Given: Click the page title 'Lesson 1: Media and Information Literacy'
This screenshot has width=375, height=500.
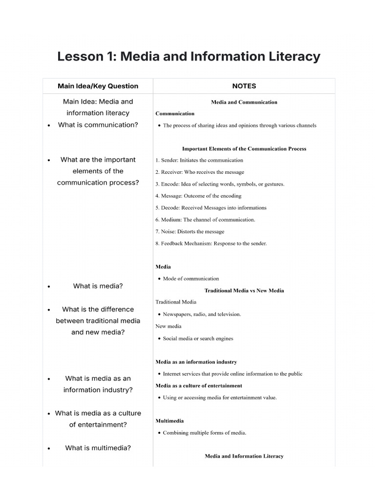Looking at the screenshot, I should click(x=188, y=57).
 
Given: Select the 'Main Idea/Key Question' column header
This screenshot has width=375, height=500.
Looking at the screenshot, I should click(x=98, y=86).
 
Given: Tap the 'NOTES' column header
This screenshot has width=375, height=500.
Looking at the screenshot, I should click(x=244, y=86).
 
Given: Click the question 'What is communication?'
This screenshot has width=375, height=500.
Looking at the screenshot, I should click(x=98, y=125).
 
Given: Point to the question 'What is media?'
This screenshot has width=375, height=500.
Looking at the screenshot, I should click(x=98, y=286).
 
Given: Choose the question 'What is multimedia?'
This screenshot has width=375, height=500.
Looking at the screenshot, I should click(x=98, y=448).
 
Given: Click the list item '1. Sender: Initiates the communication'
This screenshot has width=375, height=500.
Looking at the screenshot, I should click(x=199, y=160).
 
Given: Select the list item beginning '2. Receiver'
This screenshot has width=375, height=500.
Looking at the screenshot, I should click(x=200, y=172).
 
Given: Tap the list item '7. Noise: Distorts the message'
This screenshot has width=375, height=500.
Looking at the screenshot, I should click(x=190, y=231).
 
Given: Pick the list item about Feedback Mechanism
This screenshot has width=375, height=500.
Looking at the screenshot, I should click(x=211, y=243).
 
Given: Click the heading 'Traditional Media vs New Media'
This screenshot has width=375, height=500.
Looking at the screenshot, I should click(x=244, y=291).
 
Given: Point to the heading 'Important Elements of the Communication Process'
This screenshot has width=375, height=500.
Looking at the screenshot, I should click(x=244, y=148).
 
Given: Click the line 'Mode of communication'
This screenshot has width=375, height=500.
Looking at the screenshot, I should click(x=191, y=279).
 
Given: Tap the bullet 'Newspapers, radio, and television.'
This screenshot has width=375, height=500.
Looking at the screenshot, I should click(x=202, y=314).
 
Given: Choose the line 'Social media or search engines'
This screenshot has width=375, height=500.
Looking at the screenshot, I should click(x=198, y=338).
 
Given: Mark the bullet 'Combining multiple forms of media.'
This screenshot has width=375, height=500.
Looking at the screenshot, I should click(x=205, y=433).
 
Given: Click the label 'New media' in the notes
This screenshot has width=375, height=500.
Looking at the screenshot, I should click(x=168, y=326).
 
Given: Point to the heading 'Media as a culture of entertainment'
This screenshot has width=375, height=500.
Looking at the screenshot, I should click(x=199, y=386).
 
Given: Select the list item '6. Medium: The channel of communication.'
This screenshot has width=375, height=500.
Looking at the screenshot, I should click(x=205, y=220).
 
